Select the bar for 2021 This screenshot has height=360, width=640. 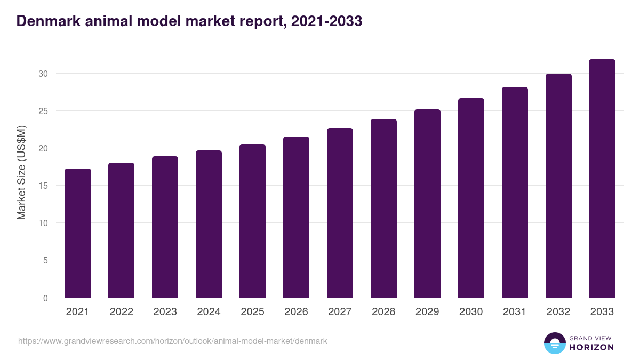(78, 233)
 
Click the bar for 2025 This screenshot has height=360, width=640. (252, 221)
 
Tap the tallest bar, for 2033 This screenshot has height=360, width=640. (602, 179)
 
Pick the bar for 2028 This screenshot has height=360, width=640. (383, 209)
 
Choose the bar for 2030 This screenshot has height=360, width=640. (471, 198)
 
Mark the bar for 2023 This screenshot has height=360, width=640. (165, 227)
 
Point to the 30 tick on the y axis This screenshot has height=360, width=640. (44, 74)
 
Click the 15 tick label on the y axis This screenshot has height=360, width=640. (44, 186)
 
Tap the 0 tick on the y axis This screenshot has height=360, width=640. (46, 298)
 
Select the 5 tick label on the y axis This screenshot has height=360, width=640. (46, 261)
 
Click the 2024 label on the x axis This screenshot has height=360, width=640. (209, 312)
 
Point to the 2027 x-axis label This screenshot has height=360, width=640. (340, 312)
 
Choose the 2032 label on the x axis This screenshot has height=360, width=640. (558, 312)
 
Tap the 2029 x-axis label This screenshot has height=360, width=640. (427, 312)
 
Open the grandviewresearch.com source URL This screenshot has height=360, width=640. (172, 341)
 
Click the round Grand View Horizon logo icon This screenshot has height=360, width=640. (554, 343)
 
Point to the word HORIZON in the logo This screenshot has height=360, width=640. (591, 347)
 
